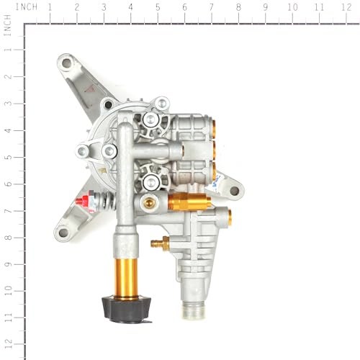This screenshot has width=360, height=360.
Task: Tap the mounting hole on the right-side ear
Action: point(234,192)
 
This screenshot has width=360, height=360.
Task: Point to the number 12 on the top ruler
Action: point(346,6)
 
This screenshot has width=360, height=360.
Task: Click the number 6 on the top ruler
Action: point(184,6)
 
